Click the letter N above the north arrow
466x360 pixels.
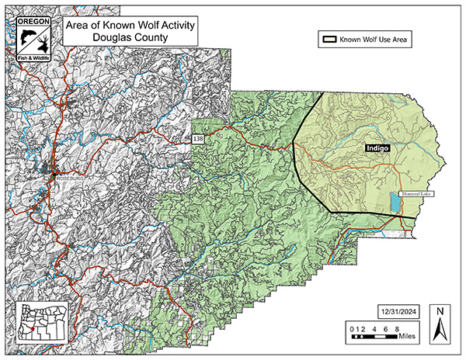(440, 312)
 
